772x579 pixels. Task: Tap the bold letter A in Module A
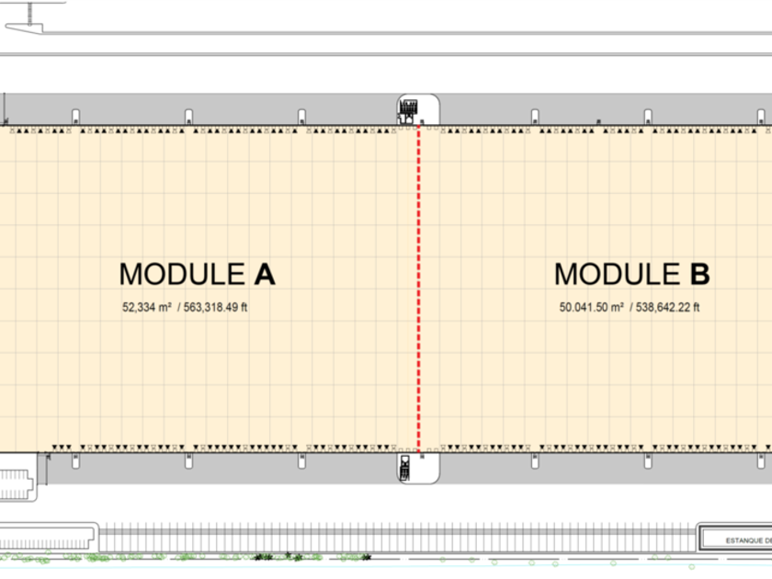point(265,274)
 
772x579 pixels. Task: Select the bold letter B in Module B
point(699,274)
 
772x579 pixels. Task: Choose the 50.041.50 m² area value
point(592,308)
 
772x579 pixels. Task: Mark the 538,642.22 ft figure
point(668,308)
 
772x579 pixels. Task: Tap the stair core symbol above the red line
point(407,109)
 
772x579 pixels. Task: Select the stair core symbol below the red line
point(404,468)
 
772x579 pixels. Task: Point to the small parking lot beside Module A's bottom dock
point(18,484)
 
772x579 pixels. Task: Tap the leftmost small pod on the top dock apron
point(75,116)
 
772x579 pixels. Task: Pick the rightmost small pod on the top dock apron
point(761,116)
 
